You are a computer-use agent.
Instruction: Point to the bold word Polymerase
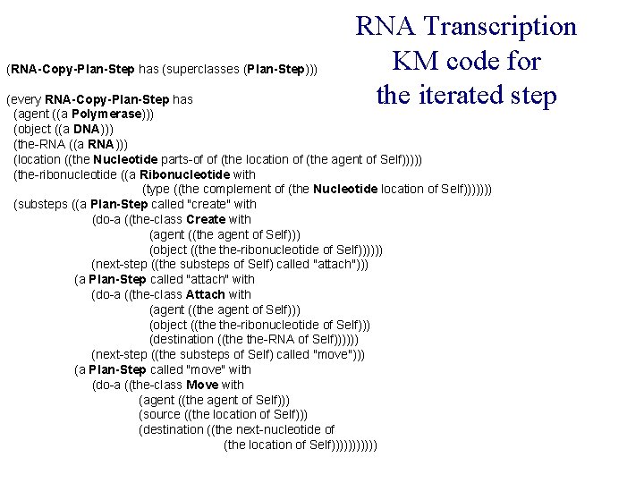click(107, 114)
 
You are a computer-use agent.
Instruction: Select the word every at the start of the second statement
click(26, 98)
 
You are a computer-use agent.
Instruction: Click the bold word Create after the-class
click(206, 219)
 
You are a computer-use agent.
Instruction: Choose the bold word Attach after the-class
click(206, 294)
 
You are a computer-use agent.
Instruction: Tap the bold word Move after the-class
click(202, 385)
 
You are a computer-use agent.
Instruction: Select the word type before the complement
click(160, 190)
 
